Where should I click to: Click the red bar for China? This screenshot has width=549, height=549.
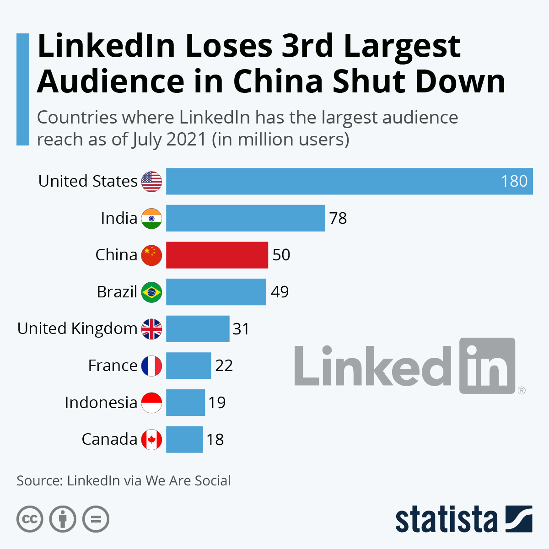(x=217, y=255)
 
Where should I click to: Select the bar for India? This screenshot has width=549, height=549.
(x=245, y=218)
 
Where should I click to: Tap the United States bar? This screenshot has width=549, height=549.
(x=349, y=181)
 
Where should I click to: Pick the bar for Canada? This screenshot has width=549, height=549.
(x=184, y=440)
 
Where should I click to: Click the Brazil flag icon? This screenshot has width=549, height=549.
(x=151, y=292)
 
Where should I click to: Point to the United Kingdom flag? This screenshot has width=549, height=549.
(x=151, y=329)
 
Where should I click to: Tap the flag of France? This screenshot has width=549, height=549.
(x=151, y=366)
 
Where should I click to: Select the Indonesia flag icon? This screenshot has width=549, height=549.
(x=151, y=403)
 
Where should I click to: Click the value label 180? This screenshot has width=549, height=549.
(x=514, y=181)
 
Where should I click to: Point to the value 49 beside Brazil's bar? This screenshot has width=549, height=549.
(x=280, y=292)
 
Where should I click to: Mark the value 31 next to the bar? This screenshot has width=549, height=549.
(x=241, y=329)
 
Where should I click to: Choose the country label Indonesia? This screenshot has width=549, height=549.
(x=101, y=403)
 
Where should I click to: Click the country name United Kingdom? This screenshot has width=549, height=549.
(x=77, y=329)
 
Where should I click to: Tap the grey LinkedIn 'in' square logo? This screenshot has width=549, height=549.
(x=487, y=366)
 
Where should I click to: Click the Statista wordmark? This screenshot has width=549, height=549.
(x=446, y=519)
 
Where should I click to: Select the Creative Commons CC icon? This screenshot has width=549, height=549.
(x=30, y=519)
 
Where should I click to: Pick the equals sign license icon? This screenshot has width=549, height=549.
(x=96, y=519)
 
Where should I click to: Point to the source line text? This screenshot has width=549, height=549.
(x=124, y=481)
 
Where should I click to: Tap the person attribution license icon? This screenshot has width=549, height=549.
(x=63, y=519)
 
